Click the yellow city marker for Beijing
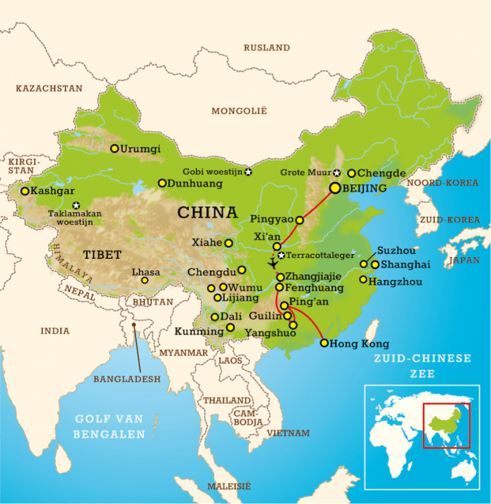coord(335,188)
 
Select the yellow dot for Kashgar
coord(25,191)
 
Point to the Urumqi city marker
coord(115,148)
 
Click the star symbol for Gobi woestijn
coord(248,172)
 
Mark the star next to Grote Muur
coord(336,172)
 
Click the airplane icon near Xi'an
coord(274,263)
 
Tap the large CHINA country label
coord(207,213)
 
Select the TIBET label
coord(102,255)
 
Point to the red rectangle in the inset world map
coord(446,425)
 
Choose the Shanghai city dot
coord(375,264)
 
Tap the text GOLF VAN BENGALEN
coord(109,426)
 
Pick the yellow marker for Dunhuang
coord(162,183)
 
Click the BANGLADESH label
coord(127,379)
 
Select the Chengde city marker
coord(351,173)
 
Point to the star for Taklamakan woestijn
coord(76,206)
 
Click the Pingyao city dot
coord(299,220)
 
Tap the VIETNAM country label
coord(289,433)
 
